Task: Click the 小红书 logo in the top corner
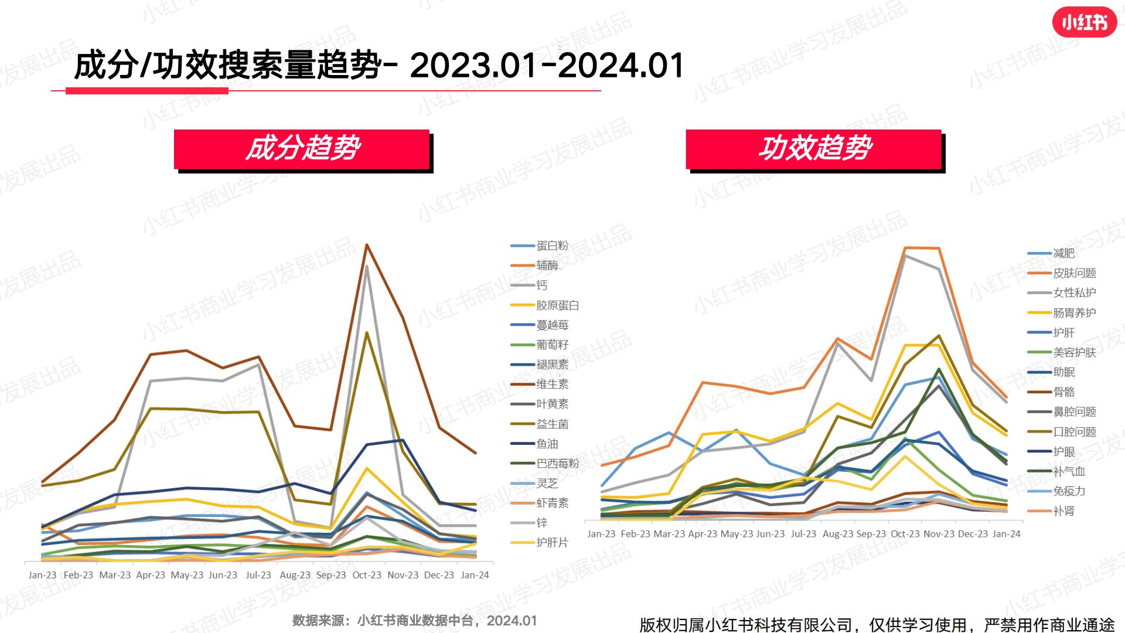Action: [x=1084, y=23]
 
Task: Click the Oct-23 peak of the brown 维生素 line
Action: [x=367, y=245]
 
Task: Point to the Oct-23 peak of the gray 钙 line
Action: [x=367, y=267]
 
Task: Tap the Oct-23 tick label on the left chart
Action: [x=367, y=575]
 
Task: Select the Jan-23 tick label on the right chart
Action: [x=601, y=534]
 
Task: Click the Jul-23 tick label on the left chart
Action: [x=258, y=575]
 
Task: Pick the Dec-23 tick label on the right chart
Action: [x=973, y=534]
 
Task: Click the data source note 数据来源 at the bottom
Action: [x=414, y=621]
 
